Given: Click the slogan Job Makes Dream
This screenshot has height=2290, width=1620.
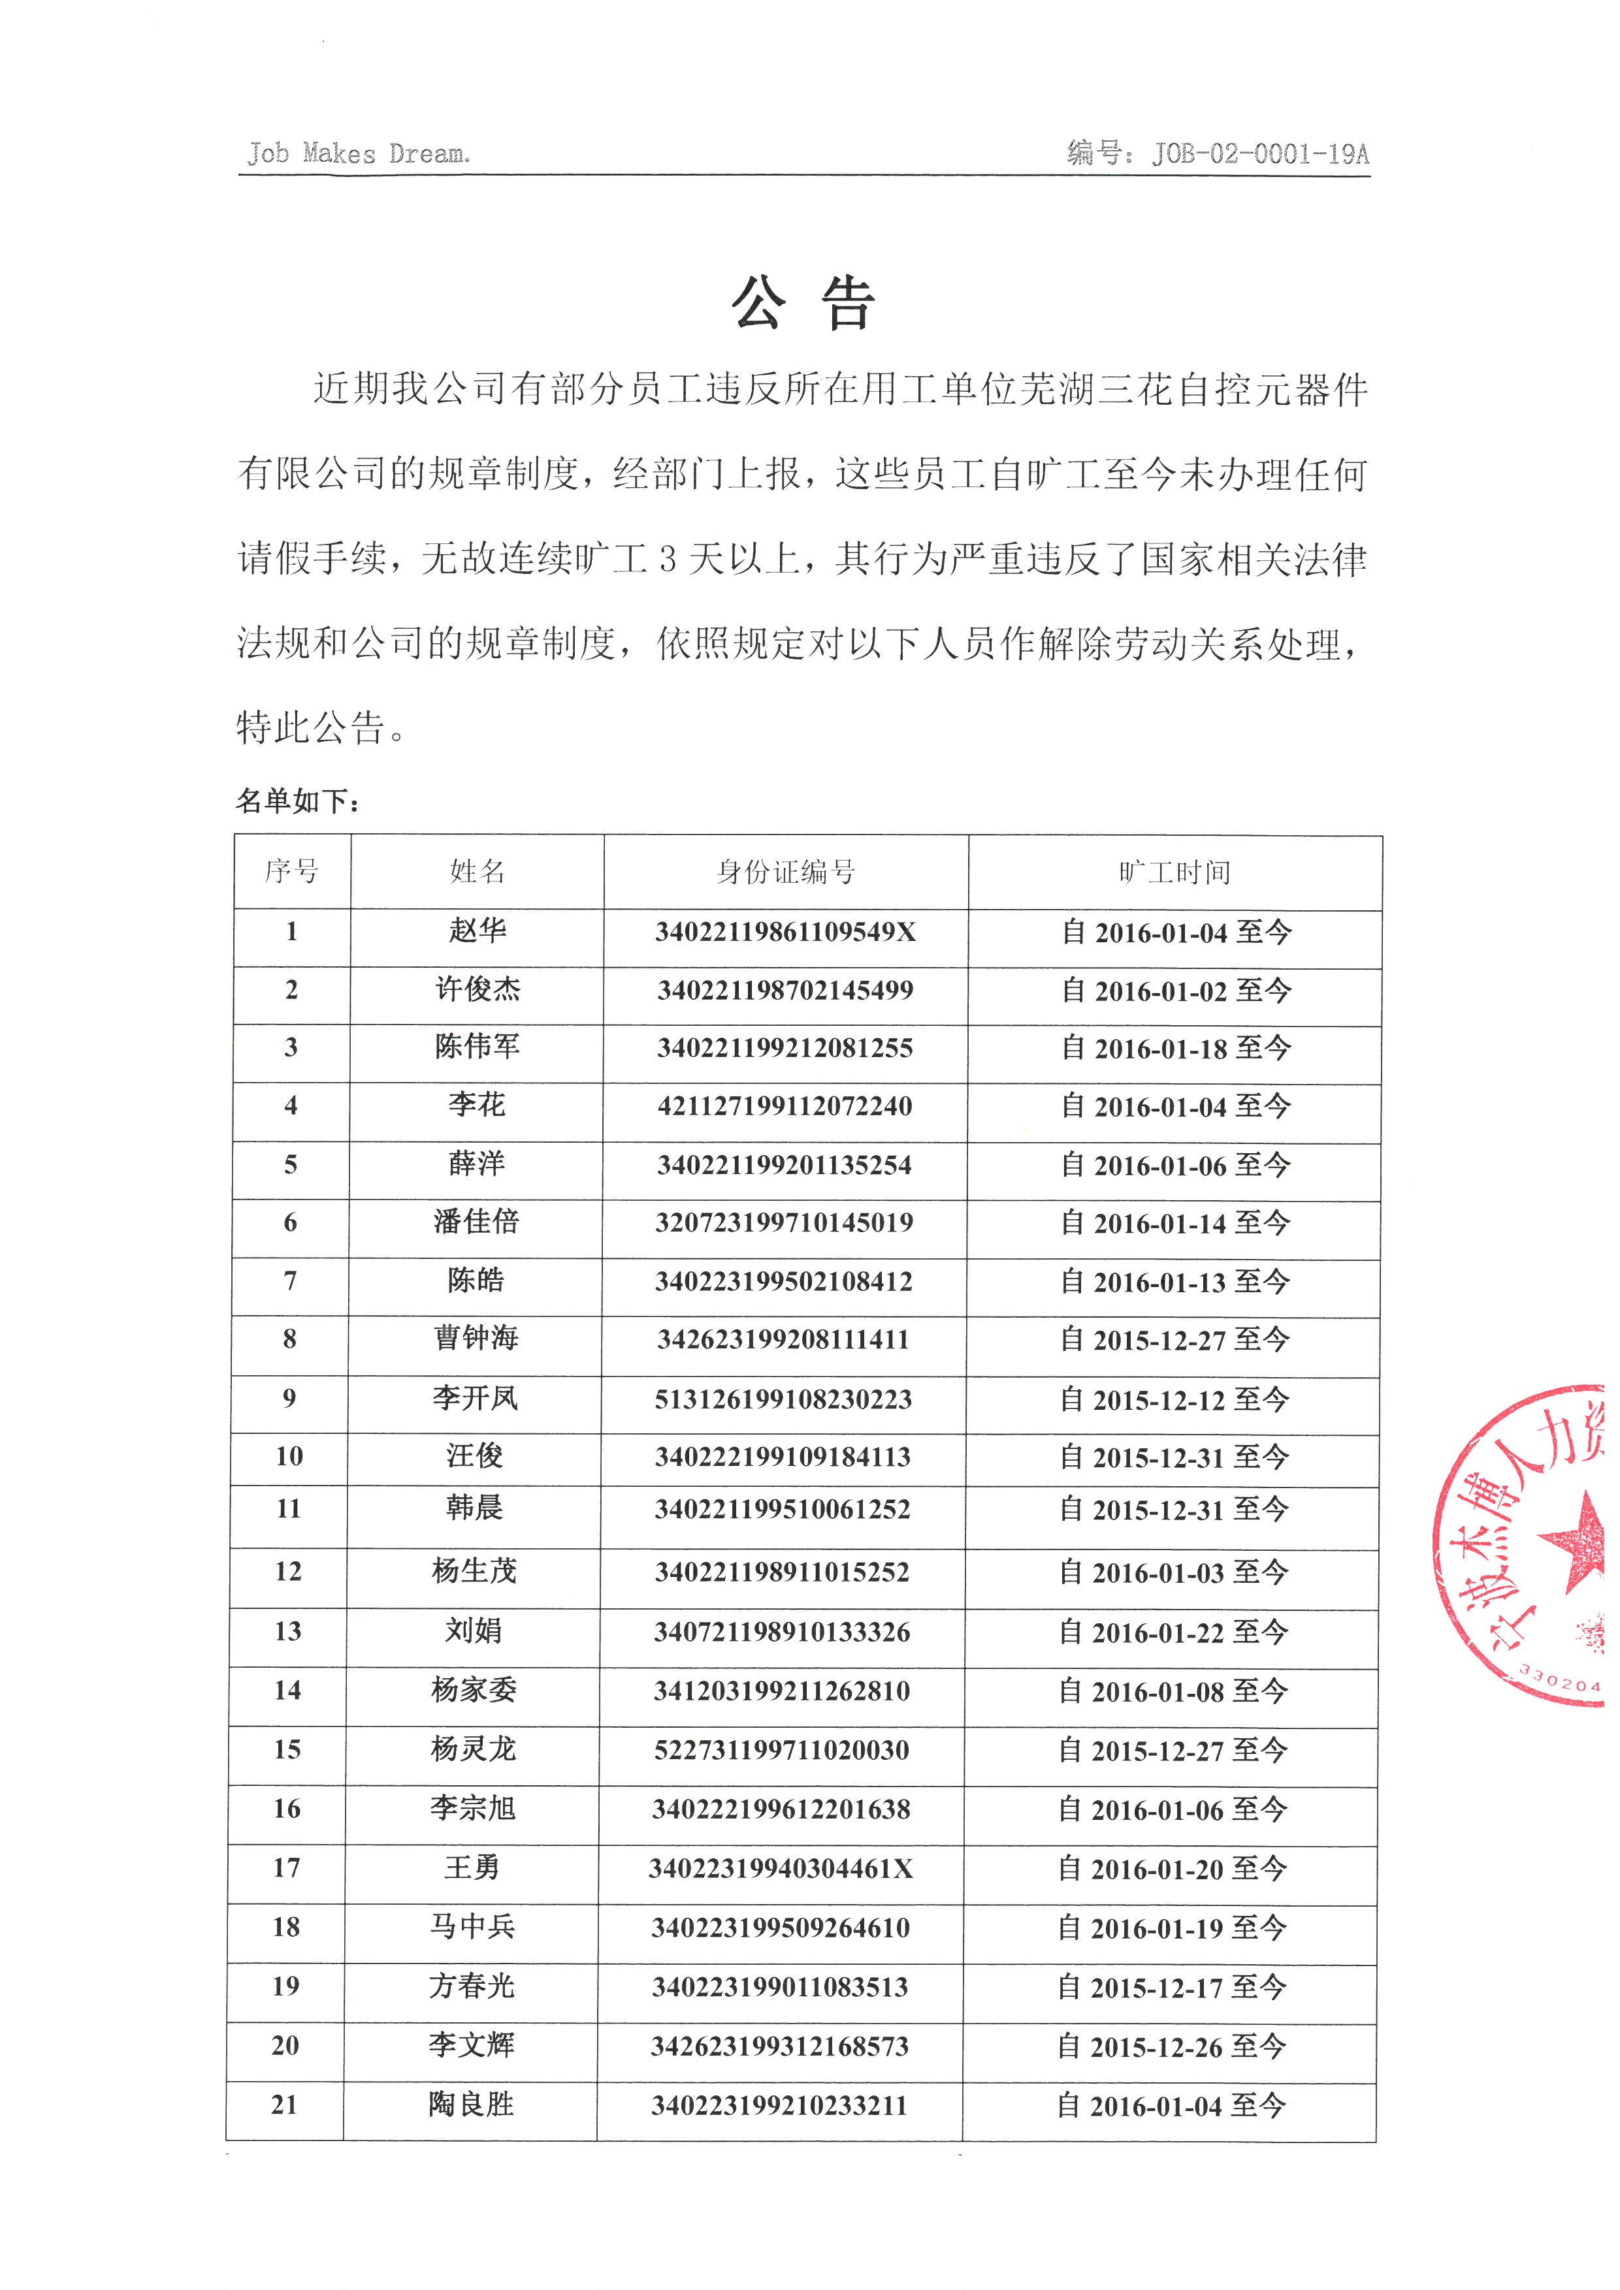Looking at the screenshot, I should [358, 153].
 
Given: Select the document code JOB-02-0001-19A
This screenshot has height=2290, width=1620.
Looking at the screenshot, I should [1260, 153].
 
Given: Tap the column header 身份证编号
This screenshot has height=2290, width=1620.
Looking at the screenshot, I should [785, 872].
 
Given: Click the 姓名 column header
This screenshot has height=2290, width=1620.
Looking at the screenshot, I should [477, 872].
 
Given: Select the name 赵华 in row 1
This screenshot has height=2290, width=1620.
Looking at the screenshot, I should [477, 930].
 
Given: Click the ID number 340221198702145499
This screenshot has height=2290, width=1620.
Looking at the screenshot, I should [785, 991].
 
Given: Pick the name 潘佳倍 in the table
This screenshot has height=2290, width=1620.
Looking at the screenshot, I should [476, 1222].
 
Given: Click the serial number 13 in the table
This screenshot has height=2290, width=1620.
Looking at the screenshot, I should [287, 1632].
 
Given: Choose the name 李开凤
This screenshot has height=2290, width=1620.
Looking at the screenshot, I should [475, 1398].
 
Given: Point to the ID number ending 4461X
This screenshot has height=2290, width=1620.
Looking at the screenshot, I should [781, 1868].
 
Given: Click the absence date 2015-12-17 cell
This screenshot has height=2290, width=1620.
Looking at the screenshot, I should [1171, 1987].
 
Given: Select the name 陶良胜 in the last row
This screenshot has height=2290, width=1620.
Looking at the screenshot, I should [471, 2105].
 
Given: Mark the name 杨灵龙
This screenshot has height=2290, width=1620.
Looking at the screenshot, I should [473, 1749].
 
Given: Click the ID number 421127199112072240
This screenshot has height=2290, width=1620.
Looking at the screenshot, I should [785, 1106].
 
